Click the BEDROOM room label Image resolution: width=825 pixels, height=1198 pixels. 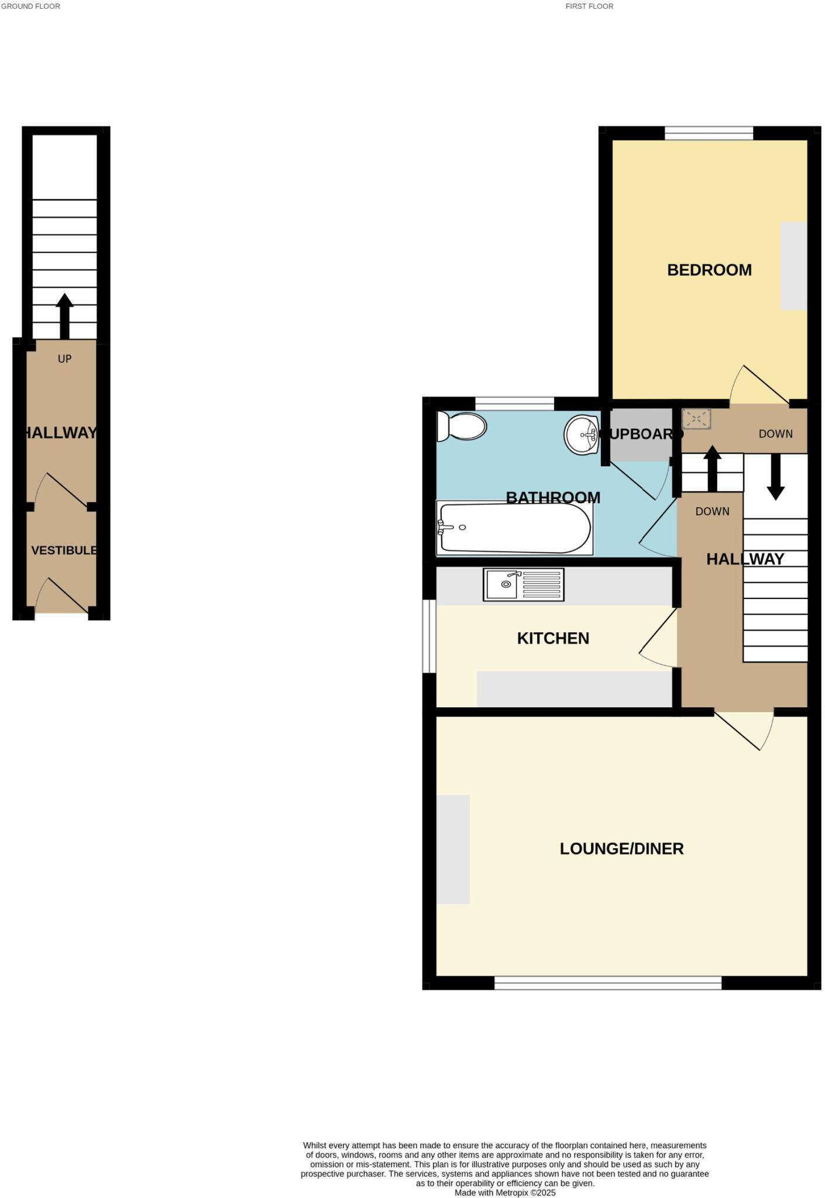click(709, 270)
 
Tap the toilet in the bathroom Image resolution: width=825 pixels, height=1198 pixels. click(462, 426)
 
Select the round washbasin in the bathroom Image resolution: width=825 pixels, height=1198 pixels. click(581, 435)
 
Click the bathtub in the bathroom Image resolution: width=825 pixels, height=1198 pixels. click(515, 528)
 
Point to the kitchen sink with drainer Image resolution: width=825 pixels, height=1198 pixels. click(523, 584)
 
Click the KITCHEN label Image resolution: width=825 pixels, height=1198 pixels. click(553, 638)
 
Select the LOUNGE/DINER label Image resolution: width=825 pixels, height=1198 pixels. click(621, 849)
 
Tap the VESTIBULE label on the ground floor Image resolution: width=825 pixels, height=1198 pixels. click(64, 550)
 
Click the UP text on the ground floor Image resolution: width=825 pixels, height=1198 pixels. click(64, 359)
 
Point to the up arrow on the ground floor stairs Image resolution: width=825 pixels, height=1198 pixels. click(64, 316)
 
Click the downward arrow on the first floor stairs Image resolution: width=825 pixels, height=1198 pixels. click(775, 476)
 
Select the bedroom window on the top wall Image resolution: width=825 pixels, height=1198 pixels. click(709, 134)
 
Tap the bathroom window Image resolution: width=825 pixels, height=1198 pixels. click(514, 404)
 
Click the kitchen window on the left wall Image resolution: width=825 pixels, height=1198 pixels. click(429, 636)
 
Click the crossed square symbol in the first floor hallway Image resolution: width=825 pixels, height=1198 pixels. click(696, 419)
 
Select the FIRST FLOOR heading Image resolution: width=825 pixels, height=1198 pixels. click(589, 6)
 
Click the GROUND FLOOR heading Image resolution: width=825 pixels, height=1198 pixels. click(30, 6)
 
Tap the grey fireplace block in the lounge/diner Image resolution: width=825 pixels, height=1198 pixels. click(453, 849)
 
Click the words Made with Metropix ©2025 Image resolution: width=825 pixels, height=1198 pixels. click(504, 1193)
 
